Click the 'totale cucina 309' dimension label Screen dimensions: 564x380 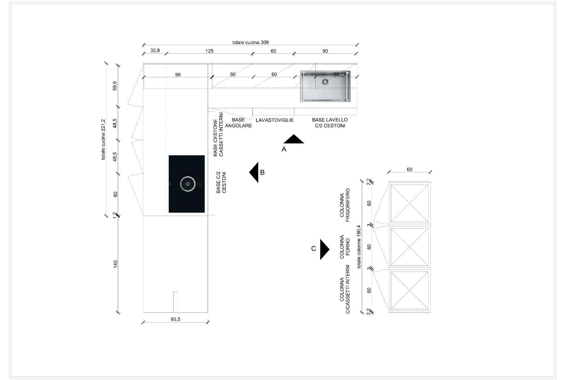250,43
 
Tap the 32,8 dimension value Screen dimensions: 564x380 155,51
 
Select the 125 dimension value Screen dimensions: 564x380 209,51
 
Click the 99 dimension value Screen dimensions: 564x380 178,75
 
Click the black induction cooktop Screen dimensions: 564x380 187,184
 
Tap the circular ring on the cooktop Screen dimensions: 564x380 188,184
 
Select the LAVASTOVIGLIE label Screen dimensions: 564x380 275,120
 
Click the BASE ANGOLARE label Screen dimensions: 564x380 239,123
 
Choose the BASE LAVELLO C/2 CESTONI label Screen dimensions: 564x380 330,123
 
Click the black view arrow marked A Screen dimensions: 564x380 294,139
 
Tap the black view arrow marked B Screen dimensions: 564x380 254,172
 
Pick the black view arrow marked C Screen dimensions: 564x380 325,249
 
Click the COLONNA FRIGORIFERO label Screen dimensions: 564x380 345,205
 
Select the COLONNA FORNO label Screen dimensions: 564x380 345,247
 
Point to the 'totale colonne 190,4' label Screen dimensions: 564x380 359,247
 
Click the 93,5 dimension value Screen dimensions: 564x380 176,319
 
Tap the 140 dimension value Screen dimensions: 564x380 115,264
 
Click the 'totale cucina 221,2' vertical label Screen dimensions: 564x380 103,139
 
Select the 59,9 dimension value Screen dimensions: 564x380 115,86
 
